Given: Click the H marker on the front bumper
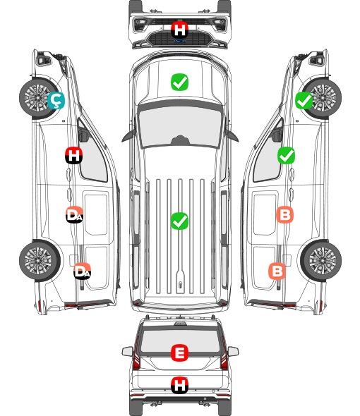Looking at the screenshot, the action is pos(179,30).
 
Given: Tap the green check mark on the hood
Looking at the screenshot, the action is pos(179,82).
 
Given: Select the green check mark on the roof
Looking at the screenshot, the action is pos(179,221).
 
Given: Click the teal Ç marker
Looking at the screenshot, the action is pos(56,100).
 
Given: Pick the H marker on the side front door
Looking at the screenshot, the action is pos(74,155).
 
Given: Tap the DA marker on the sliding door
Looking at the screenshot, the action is pos(75,215).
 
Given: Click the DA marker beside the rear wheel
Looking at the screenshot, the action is pos(83,271).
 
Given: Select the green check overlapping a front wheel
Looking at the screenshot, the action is pos(304,100).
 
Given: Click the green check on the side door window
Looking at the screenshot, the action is pos(286,155).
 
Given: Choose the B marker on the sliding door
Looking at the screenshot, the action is pos(284,214).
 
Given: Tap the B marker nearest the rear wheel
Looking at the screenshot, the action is pos(277,271).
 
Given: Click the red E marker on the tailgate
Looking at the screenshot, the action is pos(179,353).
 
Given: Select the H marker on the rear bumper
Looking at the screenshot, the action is pos(179,385).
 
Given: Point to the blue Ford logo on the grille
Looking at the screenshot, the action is pos(179,41).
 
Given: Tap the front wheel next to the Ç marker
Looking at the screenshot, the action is pos(37,97).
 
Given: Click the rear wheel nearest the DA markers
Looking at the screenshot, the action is pos(40,261).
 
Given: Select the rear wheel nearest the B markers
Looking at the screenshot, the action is pos(321,261).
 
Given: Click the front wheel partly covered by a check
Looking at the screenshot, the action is pos(323,98).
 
